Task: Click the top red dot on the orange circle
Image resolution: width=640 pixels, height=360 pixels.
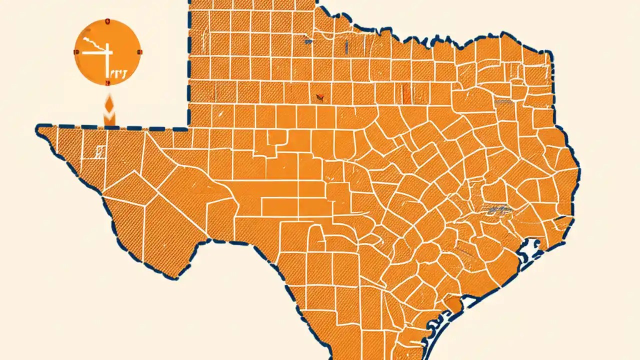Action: pos(107,21)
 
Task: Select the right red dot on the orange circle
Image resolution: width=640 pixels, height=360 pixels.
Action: pos(139,52)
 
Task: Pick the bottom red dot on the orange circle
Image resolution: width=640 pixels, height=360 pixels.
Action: pos(107,83)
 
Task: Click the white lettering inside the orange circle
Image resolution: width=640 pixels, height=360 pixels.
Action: pos(117,73)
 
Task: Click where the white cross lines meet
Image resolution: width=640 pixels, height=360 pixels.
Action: pos(106,52)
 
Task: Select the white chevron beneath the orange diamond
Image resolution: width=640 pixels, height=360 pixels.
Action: pos(109,119)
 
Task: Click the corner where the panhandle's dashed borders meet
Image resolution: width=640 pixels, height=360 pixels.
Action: pos(189,127)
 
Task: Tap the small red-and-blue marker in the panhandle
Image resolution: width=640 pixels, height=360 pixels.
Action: pos(319,96)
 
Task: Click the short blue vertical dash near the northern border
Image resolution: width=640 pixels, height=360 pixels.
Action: pos(346,46)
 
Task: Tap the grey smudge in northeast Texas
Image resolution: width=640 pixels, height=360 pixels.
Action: pos(502,101)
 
